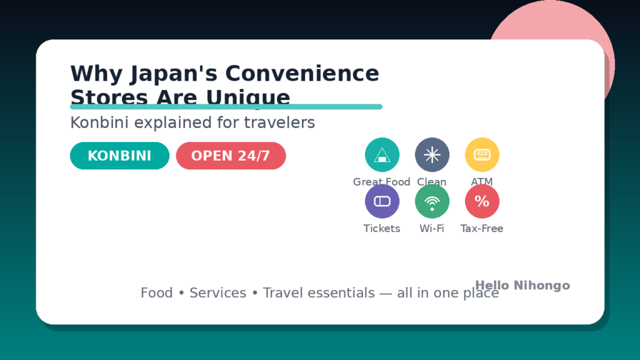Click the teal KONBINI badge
click(119, 156)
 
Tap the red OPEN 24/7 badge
click(231, 156)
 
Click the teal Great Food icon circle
click(382, 154)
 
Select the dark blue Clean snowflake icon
click(432, 154)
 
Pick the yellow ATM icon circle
click(482, 154)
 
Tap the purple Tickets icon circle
click(382, 201)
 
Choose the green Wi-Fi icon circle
click(432, 201)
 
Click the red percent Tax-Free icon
click(482, 201)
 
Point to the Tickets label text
click(382, 229)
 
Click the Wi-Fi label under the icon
click(432, 229)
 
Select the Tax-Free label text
click(482, 229)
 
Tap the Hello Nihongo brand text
click(522, 286)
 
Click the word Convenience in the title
click(302, 74)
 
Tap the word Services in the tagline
click(217, 292)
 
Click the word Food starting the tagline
click(156, 292)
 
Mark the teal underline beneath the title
click(226, 107)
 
